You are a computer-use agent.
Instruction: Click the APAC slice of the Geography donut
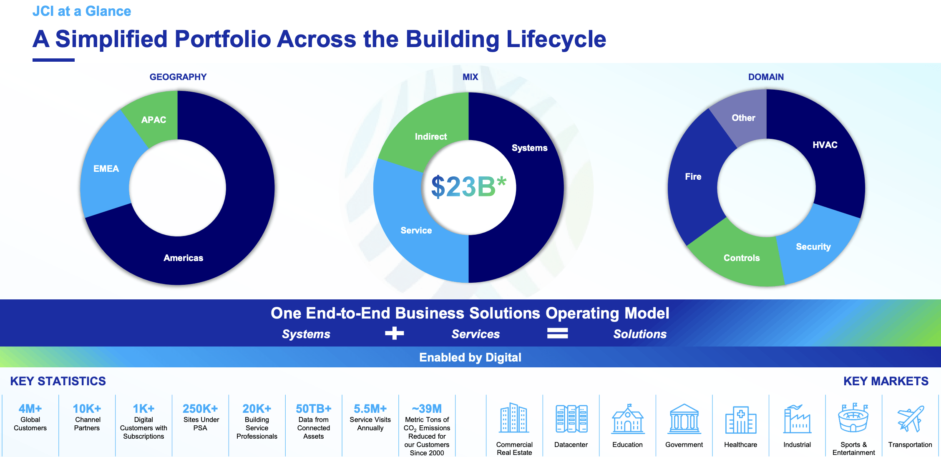point(153,120)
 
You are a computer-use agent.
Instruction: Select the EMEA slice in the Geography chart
point(106,168)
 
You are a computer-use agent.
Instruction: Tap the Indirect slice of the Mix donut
point(431,136)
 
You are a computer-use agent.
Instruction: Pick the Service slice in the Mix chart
point(416,230)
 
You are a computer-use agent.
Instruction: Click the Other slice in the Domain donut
point(744,118)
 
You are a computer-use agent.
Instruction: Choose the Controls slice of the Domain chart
point(742,258)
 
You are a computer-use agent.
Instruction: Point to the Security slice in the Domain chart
point(813,247)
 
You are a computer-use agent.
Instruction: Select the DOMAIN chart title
point(766,77)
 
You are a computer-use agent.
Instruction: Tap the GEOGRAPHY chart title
point(178,77)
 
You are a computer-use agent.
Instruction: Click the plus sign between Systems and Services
point(394,333)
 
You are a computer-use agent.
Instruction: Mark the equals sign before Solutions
point(557,333)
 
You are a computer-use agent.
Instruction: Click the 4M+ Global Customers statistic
point(30,417)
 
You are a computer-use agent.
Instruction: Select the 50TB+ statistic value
point(314,409)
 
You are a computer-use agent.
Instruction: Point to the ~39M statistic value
point(427,409)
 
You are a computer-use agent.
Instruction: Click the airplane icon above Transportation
point(911,419)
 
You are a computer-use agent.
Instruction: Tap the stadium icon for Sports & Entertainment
point(853,418)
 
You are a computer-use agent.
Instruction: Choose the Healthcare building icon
point(741,419)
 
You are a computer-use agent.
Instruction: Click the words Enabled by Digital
point(470,357)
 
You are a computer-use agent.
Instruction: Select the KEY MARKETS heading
point(886,381)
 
